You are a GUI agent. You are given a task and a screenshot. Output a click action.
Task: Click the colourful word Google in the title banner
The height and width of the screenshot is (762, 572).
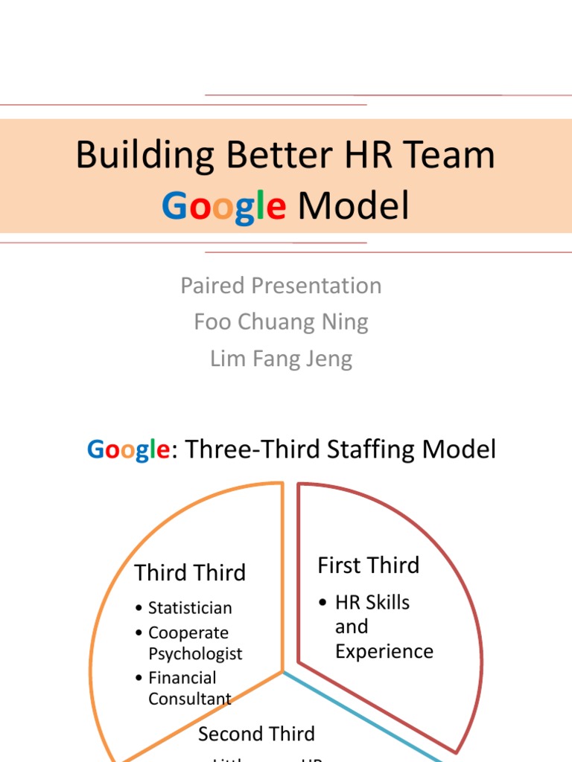click(x=223, y=206)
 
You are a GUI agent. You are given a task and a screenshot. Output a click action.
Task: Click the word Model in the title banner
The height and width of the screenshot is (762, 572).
click(x=353, y=206)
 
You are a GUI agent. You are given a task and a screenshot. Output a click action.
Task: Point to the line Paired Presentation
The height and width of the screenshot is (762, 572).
click(x=281, y=286)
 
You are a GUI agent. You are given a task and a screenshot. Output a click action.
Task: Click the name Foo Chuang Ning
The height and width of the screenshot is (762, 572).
click(x=281, y=322)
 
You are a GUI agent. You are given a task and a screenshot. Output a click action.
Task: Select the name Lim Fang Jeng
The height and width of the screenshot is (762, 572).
click(x=281, y=359)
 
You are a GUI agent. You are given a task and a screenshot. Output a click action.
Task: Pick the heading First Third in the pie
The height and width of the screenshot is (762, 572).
click(x=369, y=566)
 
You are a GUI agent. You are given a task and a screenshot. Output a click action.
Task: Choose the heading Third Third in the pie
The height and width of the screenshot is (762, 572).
click(x=190, y=572)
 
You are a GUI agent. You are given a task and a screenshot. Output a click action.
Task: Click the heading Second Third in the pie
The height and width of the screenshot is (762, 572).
click(x=256, y=734)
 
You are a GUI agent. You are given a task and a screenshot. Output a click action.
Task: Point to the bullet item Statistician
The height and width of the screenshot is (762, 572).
click(x=190, y=608)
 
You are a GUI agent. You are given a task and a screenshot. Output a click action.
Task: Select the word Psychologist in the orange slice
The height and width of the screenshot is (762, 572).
click(x=195, y=654)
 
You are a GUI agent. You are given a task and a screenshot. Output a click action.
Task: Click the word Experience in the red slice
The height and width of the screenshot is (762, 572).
click(x=384, y=652)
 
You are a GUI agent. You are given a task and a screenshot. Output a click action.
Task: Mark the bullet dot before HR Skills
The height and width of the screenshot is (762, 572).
click(x=322, y=603)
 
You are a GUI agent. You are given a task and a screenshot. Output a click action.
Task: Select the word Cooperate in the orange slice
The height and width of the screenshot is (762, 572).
click(x=188, y=633)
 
